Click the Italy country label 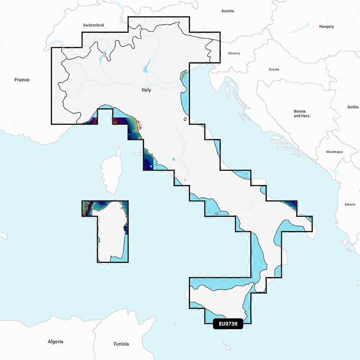point(146,90)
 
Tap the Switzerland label point(93,25)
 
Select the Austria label point(228,11)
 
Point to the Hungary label point(327,27)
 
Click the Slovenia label point(234,53)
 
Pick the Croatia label point(274,69)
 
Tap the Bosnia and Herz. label point(302,114)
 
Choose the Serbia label point(353,107)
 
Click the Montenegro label point(334,152)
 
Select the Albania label point(350,204)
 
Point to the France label point(22,80)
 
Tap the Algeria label point(55,341)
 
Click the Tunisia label point(121,344)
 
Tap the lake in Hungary point(300,28)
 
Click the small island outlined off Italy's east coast point(185,119)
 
